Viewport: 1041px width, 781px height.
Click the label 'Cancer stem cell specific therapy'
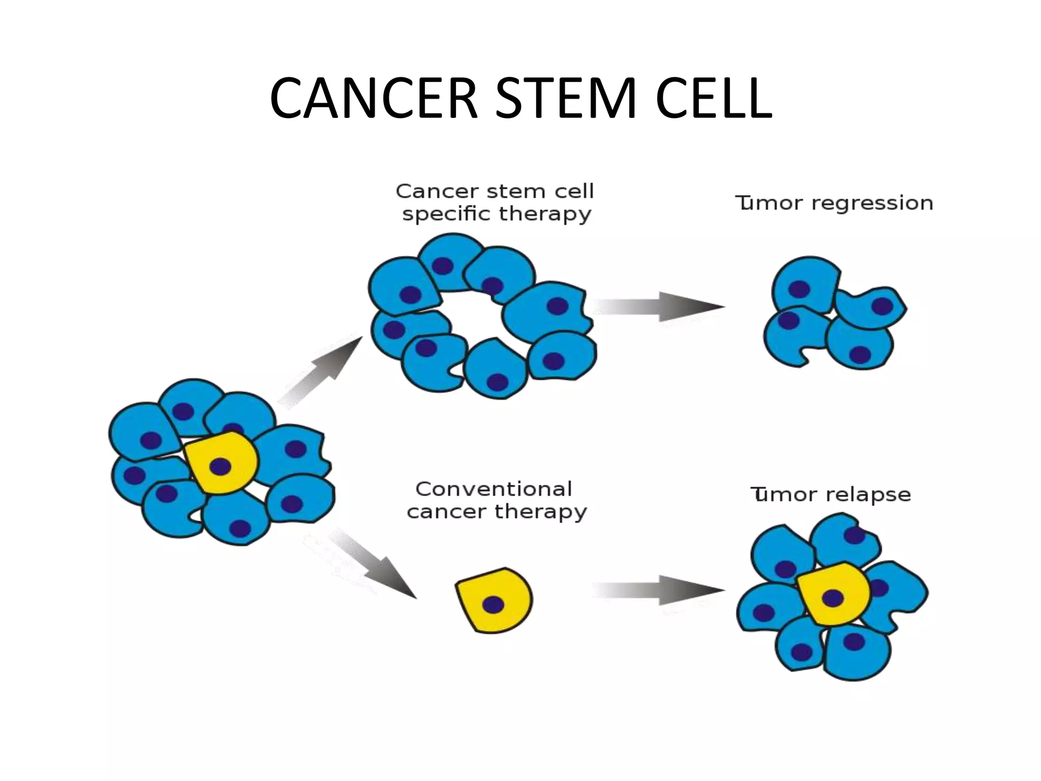(495, 202)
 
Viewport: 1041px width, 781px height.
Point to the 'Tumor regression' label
(834, 203)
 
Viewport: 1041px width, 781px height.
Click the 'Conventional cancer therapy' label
(495, 500)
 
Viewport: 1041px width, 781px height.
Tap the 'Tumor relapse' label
(831, 494)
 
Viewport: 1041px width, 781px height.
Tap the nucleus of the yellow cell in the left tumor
(220, 466)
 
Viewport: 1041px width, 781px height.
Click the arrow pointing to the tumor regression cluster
(661, 307)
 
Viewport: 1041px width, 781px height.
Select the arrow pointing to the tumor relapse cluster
(661, 590)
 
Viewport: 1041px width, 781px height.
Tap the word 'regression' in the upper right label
(872, 203)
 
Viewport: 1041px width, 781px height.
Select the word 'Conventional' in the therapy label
(494, 489)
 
